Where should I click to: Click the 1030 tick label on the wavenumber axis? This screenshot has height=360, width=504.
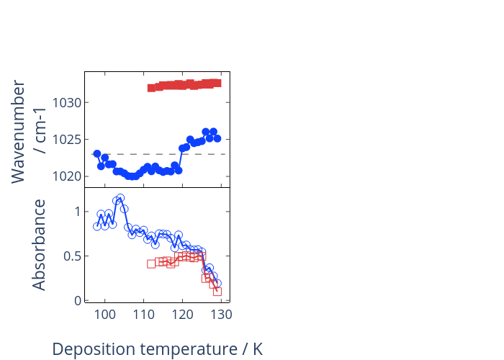pyautogui.click(x=66, y=103)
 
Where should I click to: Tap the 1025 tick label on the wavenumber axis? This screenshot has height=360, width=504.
pyautogui.click(x=66, y=140)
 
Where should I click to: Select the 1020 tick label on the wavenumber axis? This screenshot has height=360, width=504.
pyautogui.click(x=66, y=176)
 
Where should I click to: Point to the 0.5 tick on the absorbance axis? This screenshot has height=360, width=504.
pyautogui.click(x=72, y=256)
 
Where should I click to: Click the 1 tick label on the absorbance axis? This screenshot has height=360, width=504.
pyautogui.click(x=78, y=212)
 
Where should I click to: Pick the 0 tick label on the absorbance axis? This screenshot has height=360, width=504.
pyautogui.click(x=78, y=301)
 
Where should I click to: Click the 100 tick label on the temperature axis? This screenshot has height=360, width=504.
pyautogui.click(x=105, y=315)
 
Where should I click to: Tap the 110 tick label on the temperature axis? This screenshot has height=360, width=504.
pyautogui.click(x=144, y=315)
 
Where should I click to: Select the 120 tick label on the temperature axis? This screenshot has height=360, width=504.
pyautogui.click(x=183, y=315)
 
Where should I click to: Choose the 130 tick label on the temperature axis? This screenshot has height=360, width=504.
pyautogui.click(x=222, y=315)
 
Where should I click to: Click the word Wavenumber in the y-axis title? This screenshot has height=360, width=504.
pyautogui.click(x=18, y=132)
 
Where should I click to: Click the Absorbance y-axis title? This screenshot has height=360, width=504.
pyautogui.click(x=39, y=245)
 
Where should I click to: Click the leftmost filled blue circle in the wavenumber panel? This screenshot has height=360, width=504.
pyautogui.click(x=97, y=153)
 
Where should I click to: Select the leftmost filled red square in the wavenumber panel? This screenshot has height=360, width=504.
pyautogui.click(x=151, y=88)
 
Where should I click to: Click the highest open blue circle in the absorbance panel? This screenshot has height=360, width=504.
pyautogui.click(x=120, y=198)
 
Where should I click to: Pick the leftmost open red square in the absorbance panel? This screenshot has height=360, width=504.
pyautogui.click(x=151, y=264)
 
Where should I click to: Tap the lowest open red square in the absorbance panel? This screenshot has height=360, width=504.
pyautogui.click(x=217, y=292)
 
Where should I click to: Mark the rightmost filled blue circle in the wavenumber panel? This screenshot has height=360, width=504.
pyautogui.click(x=217, y=138)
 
